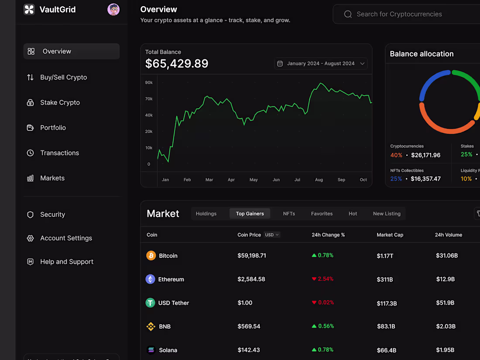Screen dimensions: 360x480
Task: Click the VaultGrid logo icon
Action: (x=29, y=10)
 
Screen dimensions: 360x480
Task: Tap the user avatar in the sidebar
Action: (x=113, y=10)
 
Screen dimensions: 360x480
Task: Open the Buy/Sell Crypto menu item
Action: (x=63, y=77)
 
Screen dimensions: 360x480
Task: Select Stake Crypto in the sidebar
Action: (x=60, y=103)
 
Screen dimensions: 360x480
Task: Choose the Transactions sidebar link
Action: (x=59, y=153)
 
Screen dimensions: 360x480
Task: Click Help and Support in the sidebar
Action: (x=66, y=262)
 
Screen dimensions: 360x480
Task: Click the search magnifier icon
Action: (x=348, y=14)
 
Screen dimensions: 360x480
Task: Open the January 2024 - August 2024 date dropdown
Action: (x=321, y=64)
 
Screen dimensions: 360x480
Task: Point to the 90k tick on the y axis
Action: (x=149, y=82)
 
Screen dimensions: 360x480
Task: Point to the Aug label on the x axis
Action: (x=319, y=180)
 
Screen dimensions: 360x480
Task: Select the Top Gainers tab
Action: (x=250, y=214)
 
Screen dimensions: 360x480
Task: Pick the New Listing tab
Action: (x=387, y=214)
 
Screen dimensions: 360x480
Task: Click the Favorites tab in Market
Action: (x=322, y=214)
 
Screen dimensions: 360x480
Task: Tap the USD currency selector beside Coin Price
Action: (x=272, y=235)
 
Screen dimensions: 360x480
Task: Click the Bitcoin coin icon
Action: (x=151, y=256)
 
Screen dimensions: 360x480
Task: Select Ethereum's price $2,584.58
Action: (x=251, y=279)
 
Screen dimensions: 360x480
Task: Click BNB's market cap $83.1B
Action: (x=386, y=326)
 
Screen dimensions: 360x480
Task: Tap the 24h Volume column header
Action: (x=448, y=235)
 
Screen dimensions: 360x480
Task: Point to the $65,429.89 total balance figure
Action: (x=177, y=64)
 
